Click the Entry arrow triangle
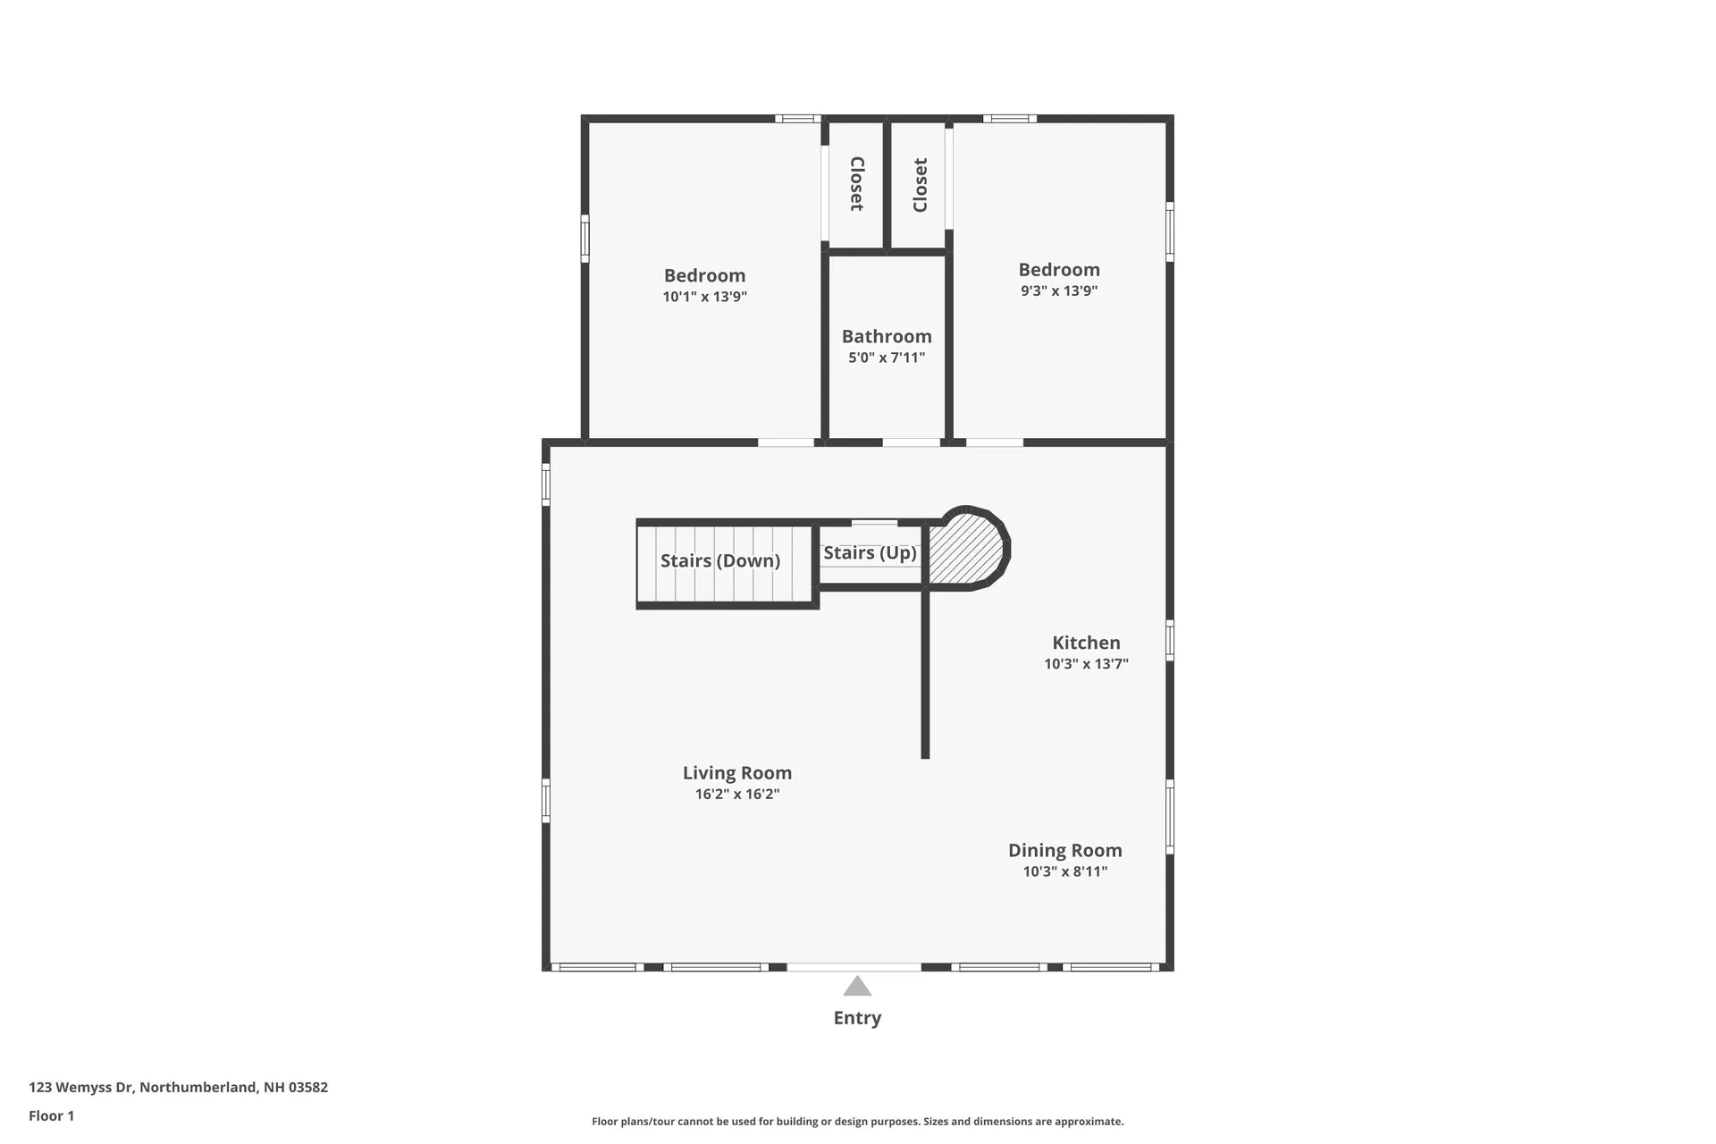(857, 987)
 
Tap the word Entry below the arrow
(857, 1018)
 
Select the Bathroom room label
(887, 337)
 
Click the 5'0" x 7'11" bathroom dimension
(887, 357)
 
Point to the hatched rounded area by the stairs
(967, 550)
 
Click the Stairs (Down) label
(720, 561)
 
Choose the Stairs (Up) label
(870, 553)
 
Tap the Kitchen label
(1086, 643)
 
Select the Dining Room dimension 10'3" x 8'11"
(1064, 871)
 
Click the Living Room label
(737, 773)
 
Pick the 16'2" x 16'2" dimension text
(737, 794)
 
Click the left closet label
(856, 184)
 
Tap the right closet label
(921, 185)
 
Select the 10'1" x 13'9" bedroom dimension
(704, 297)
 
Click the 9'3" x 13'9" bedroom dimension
(1059, 290)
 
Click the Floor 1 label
(51, 1115)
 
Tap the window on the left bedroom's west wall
(585, 238)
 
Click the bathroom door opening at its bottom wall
(911, 442)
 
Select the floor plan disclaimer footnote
(857, 1122)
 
